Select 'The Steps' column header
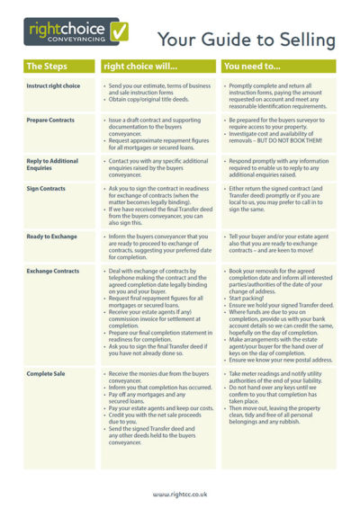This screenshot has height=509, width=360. click(x=47, y=66)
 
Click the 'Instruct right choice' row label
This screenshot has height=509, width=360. click(x=53, y=85)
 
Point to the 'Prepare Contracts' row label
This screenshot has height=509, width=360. click(x=50, y=119)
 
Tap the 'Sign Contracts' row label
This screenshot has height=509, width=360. click(x=46, y=189)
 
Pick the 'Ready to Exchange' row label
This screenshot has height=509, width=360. click(x=51, y=236)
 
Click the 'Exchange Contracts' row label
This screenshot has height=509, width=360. click(x=53, y=271)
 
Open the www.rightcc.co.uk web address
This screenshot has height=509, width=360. click(x=180, y=494)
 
